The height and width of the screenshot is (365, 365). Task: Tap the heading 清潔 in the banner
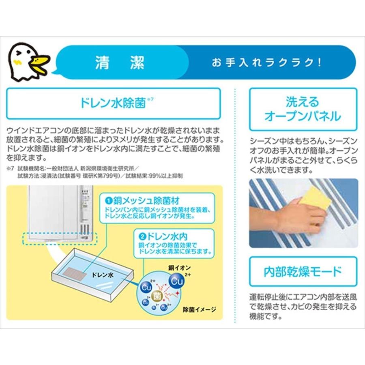[120, 63]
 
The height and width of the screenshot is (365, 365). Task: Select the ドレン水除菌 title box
[114, 103]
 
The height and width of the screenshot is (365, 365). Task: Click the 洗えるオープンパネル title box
[303, 109]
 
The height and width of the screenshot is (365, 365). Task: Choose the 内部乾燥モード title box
[303, 271]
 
